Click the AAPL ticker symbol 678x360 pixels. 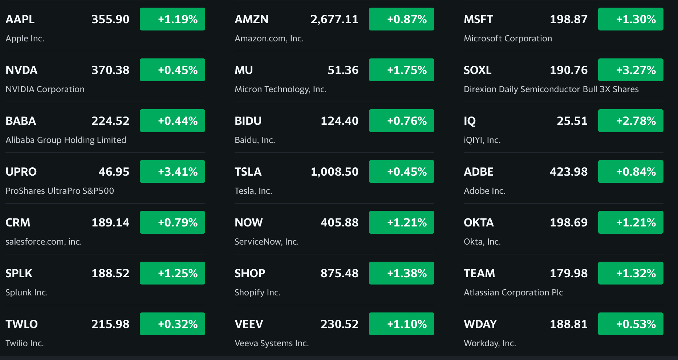20,19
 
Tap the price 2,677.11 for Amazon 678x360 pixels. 334,19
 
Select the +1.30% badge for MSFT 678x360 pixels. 630,19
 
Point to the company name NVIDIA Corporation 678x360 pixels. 45,89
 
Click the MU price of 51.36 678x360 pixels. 343,70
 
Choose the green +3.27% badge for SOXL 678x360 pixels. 630,70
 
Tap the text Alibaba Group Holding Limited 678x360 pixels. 66,140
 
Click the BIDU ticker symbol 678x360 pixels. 248,121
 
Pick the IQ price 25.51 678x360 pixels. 572,121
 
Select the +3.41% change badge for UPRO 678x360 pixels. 172,172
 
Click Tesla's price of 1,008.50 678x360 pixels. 334,172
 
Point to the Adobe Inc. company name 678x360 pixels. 484,191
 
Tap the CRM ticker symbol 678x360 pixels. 18,222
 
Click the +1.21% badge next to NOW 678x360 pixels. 402,222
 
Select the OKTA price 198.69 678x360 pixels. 568,222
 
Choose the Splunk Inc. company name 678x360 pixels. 27,292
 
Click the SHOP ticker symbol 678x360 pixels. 250,273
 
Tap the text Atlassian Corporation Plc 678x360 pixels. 513,292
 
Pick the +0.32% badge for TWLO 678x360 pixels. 172,324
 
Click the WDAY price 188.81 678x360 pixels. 568,324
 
